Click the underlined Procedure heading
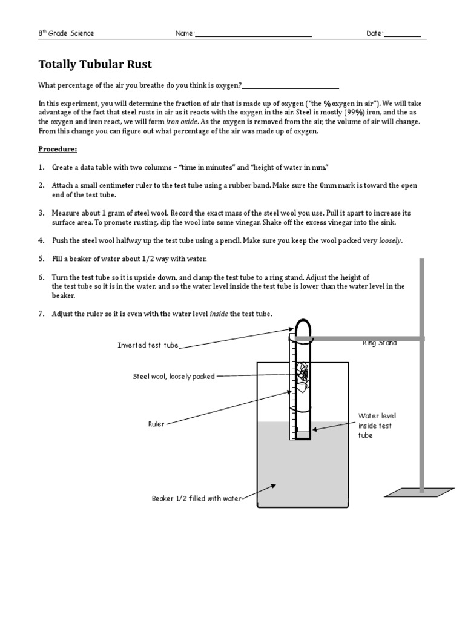click(58, 149)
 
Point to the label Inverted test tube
click(148, 345)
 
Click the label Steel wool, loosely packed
click(174, 377)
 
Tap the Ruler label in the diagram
click(156, 424)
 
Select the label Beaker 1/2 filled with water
click(196, 499)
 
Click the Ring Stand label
click(380, 343)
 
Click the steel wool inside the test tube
click(303, 375)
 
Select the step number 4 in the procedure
click(42, 240)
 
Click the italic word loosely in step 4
click(390, 240)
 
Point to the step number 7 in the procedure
click(42, 314)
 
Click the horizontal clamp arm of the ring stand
click(363, 338)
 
